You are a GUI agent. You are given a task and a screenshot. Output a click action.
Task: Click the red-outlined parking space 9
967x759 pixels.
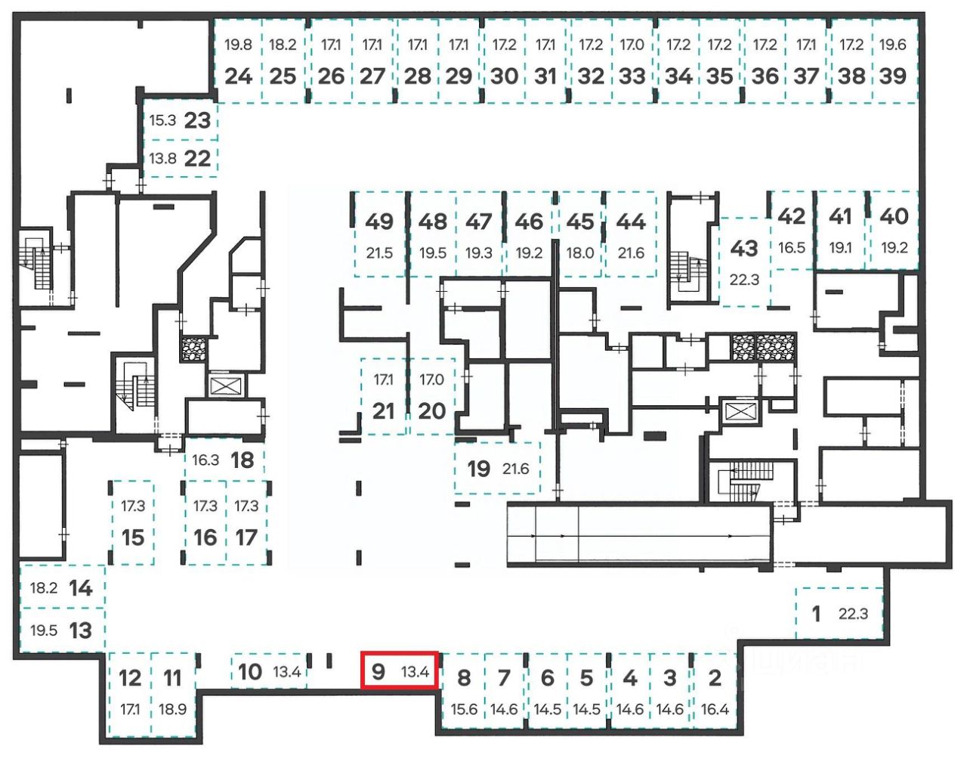(399, 670)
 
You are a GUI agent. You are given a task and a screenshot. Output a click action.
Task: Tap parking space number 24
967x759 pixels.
(238, 76)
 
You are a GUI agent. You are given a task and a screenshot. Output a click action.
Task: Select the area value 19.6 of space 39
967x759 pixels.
(892, 45)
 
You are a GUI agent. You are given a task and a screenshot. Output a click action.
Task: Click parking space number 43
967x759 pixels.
(744, 247)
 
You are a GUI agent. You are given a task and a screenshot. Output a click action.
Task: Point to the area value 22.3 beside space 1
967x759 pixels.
(853, 614)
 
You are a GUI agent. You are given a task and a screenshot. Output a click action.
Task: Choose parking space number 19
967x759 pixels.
(478, 469)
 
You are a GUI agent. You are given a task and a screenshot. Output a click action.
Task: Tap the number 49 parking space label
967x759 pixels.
(378, 222)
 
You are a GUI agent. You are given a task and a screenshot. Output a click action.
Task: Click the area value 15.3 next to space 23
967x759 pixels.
(162, 120)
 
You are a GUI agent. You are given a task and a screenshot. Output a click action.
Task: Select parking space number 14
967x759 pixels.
(81, 587)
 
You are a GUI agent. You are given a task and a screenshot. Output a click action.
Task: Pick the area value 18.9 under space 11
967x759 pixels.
(172, 709)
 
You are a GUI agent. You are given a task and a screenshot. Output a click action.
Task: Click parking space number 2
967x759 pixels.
(715, 677)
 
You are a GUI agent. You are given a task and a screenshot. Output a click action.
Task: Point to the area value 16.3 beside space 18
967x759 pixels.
(205, 460)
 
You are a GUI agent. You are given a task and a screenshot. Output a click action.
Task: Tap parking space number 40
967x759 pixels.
(894, 216)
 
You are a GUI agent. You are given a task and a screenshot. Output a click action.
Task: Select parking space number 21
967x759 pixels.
(384, 410)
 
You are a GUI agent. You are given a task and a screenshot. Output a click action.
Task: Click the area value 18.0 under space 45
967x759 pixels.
(579, 252)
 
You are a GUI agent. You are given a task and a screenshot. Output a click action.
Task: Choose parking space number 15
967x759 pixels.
(133, 537)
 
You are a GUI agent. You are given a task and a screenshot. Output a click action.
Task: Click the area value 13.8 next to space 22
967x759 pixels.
(162, 159)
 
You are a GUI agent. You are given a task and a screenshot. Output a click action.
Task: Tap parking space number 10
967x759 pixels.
(250, 671)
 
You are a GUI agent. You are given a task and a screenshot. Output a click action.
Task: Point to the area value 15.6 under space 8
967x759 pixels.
(464, 709)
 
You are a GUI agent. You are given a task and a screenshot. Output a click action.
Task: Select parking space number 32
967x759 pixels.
(591, 76)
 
